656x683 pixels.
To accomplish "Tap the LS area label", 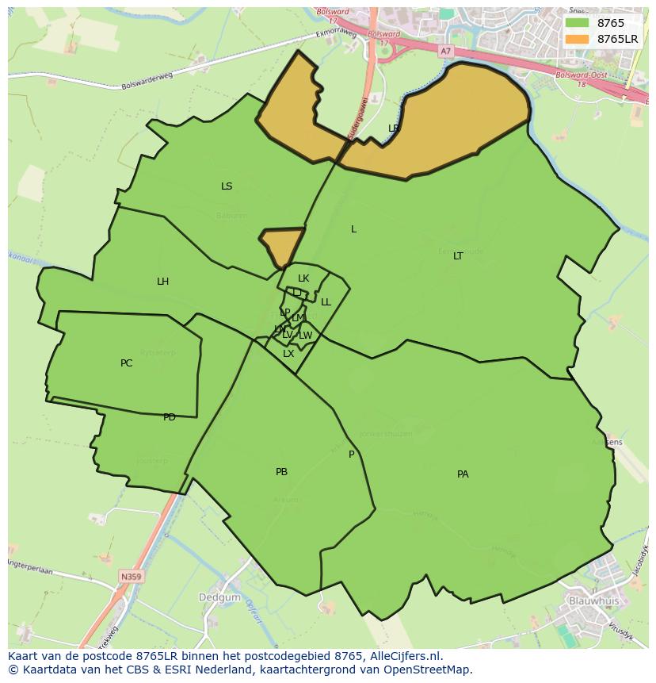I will [x=227, y=186].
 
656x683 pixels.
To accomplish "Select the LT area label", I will [x=458, y=256].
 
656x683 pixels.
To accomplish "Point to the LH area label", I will [x=162, y=282].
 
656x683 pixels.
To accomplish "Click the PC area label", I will [x=127, y=363].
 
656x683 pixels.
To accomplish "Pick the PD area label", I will [x=170, y=417].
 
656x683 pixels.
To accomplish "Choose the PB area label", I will [x=281, y=472].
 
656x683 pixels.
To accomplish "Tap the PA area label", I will [x=463, y=474].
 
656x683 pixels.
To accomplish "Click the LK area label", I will [x=303, y=278].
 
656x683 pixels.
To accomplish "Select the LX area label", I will [x=288, y=354].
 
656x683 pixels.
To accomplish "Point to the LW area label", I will [x=305, y=336].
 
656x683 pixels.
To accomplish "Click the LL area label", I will [x=326, y=302].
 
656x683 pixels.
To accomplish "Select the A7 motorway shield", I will [x=446, y=51].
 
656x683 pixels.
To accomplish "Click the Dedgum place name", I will [x=214, y=596].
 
